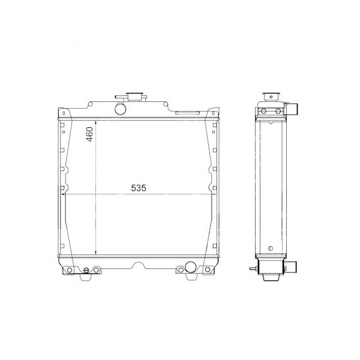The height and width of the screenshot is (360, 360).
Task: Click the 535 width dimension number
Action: click(139, 188)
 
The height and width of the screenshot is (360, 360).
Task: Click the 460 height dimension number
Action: click(89, 133)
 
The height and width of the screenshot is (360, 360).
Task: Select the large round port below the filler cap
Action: click(121, 109)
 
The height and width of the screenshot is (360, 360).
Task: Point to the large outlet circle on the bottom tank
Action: click(191, 267)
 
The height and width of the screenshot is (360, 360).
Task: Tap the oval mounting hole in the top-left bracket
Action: click(63, 113)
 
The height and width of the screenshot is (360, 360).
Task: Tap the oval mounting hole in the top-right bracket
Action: click(212, 113)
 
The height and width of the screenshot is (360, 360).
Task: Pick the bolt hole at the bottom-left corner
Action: click(69, 271)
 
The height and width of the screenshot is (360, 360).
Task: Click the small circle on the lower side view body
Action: click(271, 247)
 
